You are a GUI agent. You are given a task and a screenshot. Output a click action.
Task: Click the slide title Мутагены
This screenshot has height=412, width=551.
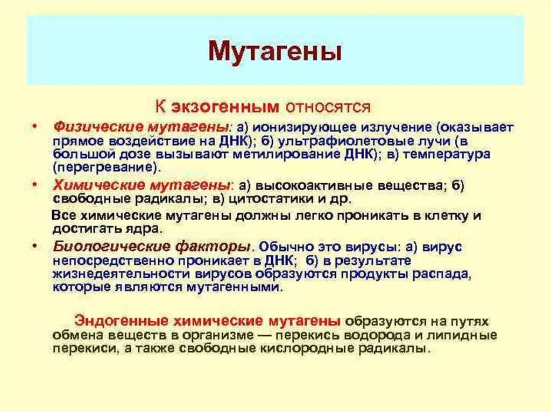(275, 53)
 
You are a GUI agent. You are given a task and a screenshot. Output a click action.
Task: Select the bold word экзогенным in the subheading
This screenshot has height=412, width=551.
(225, 106)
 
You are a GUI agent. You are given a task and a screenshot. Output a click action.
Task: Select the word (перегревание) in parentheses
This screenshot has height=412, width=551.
(107, 168)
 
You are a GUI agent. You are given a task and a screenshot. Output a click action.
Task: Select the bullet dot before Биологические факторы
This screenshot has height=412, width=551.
(34, 247)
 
